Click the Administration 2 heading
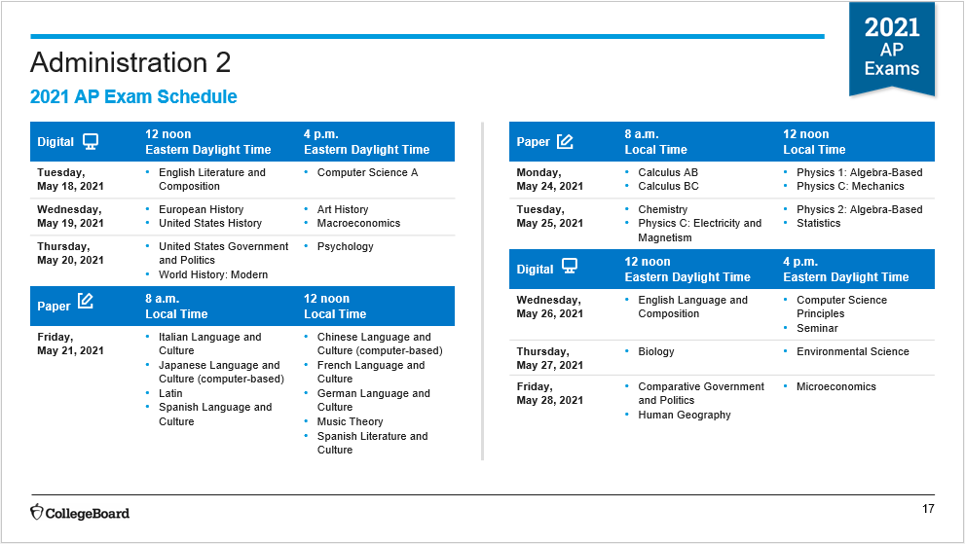point(130,62)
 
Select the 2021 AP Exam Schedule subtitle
point(133,96)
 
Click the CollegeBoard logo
point(80,513)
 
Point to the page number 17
point(928,509)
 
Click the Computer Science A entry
point(367,172)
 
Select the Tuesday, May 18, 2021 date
point(70,179)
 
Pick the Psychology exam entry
point(346,246)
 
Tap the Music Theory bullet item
point(351,421)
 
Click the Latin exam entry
point(170,393)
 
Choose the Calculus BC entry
point(668,186)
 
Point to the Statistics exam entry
point(819,223)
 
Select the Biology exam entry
point(656,351)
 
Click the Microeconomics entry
point(836,386)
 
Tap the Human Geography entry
point(685,415)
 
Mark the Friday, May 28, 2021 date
point(549,393)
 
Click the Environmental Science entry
point(853,351)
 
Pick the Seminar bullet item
point(817,328)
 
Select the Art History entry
point(343,209)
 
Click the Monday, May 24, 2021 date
point(549,179)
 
